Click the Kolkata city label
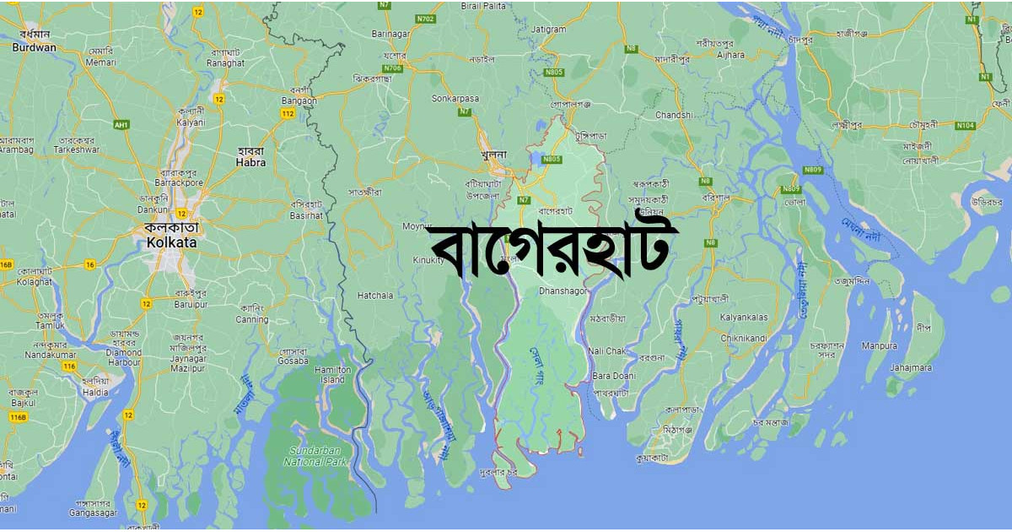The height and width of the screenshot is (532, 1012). coord(170,242)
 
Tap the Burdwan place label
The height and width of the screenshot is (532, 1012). coord(34,47)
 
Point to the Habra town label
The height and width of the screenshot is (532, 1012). coord(251,162)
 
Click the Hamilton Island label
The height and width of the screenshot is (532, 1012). coord(332,375)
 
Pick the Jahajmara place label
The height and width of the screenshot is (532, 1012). coord(911,367)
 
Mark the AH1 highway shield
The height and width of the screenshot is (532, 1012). coord(121,124)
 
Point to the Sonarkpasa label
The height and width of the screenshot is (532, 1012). coord(455,98)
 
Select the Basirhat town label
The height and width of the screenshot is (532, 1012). coord(306,215)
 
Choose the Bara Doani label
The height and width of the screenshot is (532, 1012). coord(613,375)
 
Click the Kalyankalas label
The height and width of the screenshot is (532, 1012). coord(744,318)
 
